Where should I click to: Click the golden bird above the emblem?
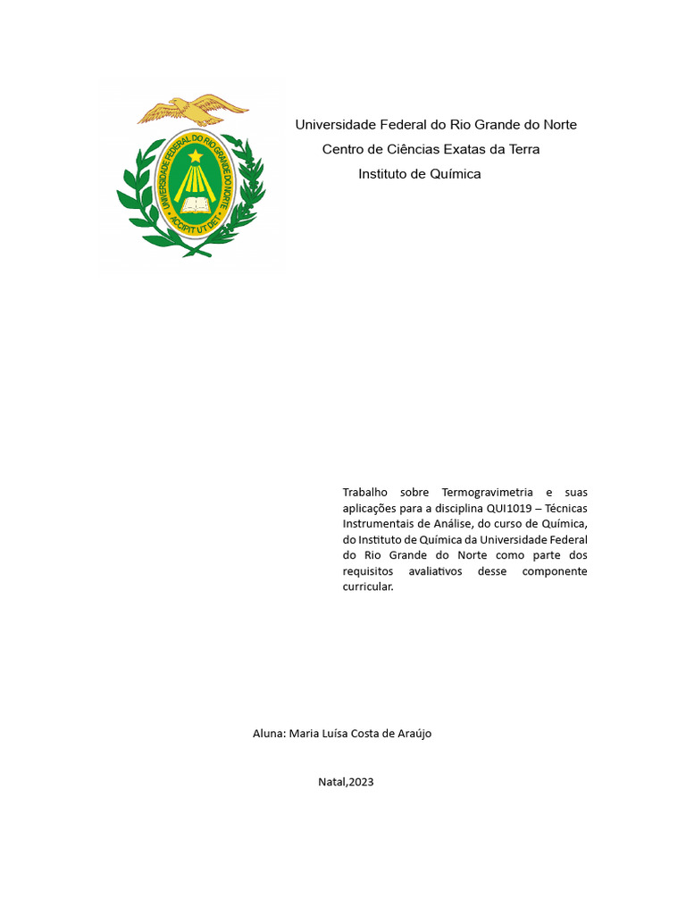[191, 109]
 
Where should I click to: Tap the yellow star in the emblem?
[196, 156]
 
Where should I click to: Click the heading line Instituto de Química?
[419, 174]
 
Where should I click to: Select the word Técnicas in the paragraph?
[566, 508]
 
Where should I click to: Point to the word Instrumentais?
[380, 524]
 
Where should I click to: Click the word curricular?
[367, 587]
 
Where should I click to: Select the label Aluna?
[269, 733]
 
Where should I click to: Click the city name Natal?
[331, 782]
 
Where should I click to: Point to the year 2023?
[362, 782]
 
